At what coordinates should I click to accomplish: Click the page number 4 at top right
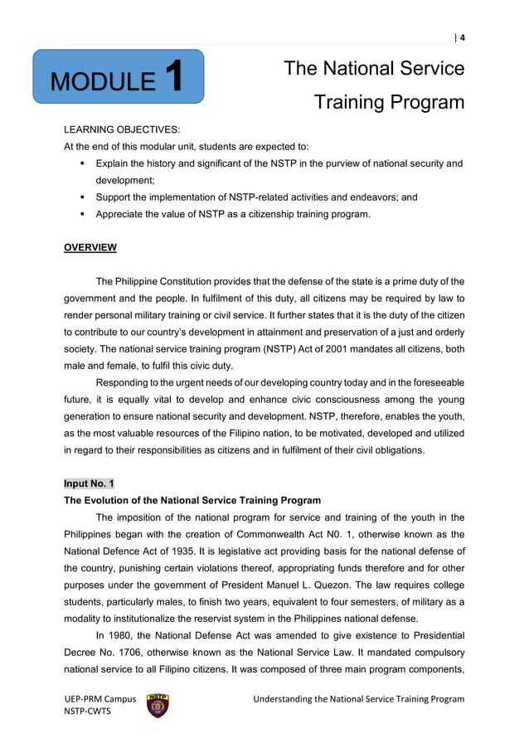[x=462, y=36]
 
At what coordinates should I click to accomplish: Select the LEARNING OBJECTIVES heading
[x=117, y=131]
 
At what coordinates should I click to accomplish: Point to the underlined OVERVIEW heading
[x=90, y=248]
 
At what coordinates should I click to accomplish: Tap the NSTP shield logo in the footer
[x=158, y=705]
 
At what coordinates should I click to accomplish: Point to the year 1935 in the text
[x=189, y=551]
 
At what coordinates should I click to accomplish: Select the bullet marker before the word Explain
[x=83, y=164]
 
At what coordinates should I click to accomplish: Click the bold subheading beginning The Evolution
[x=192, y=500]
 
